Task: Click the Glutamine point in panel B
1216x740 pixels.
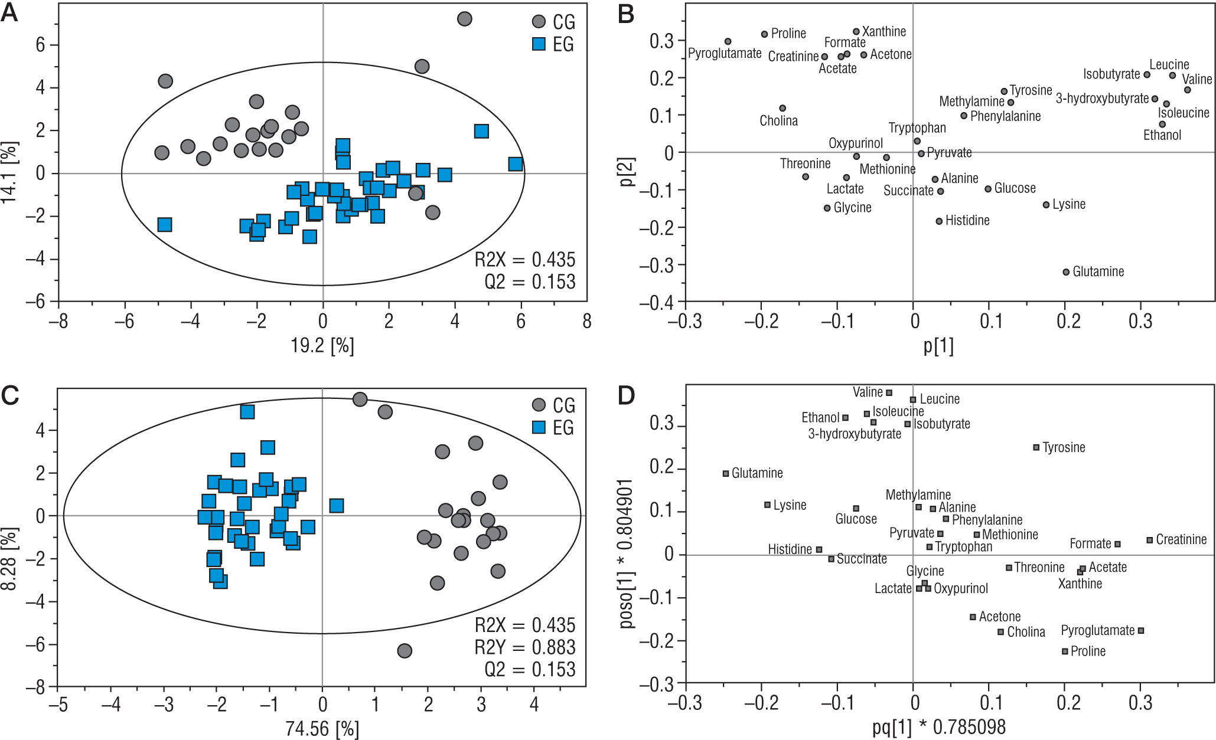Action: pyautogui.click(x=1066, y=272)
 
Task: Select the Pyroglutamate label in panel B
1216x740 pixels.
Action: pyautogui.click(x=725, y=54)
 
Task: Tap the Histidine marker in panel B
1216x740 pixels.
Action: pyautogui.click(x=939, y=221)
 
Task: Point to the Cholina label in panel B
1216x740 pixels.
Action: pyautogui.click(x=778, y=121)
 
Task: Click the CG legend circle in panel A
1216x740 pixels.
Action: pyautogui.click(x=539, y=22)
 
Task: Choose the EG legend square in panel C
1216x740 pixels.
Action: pyautogui.click(x=539, y=427)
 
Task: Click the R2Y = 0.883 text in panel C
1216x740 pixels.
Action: pyautogui.click(x=524, y=647)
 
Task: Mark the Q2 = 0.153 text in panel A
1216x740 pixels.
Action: pyautogui.click(x=530, y=282)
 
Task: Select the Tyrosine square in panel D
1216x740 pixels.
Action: pyautogui.click(x=1036, y=447)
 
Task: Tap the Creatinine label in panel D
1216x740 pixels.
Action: pyautogui.click(x=1181, y=539)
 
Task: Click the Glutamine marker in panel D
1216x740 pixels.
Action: pyautogui.click(x=726, y=473)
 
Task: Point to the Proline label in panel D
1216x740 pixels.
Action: pyautogui.click(x=1088, y=651)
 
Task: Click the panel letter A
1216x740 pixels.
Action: pyautogui.click(x=9, y=13)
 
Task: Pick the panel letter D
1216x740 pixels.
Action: pyautogui.click(x=626, y=396)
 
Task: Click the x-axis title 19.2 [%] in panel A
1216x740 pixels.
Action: pyautogui.click(x=322, y=346)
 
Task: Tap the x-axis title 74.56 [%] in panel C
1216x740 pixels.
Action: pyautogui.click(x=322, y=729)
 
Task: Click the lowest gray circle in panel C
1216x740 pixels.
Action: pyautogui.click(x=405, y=651)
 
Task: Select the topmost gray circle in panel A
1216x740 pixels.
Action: pyautogui.click(x=465, y=19)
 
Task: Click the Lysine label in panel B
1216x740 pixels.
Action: pyautogui.click(x=1069, y=205)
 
